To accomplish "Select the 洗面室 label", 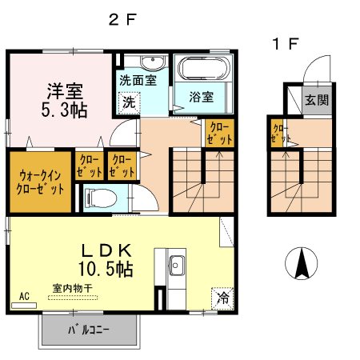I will (138, 80).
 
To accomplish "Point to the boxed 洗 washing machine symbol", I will (129, 102).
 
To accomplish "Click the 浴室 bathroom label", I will (201, 98).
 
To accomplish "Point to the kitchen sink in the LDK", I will (176, 266).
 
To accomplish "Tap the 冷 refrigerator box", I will (222, 298).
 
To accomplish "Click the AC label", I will (24, 296).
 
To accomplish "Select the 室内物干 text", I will (73, 288).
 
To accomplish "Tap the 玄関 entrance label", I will (317, 101).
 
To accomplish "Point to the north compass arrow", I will (303, 263).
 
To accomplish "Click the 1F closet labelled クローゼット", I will (280, 134).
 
